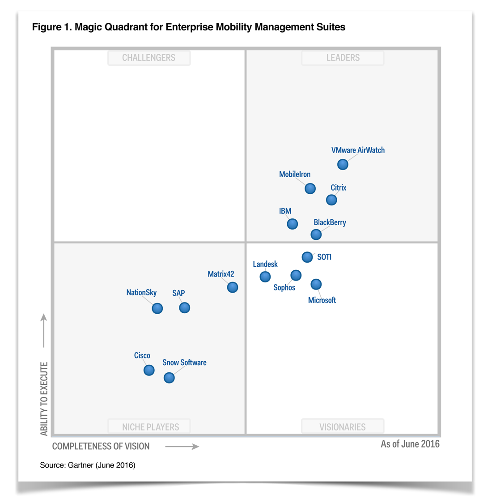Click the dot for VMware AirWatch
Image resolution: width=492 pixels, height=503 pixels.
pos(343,164)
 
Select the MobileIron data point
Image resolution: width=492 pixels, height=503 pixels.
pos(310,188)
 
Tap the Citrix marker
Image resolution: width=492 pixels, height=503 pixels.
pos(331,200)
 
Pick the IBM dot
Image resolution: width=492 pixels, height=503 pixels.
pos(292,223)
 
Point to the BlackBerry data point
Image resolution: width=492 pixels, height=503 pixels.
pos(316,234)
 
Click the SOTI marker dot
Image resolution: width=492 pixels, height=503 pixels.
pos(307,257)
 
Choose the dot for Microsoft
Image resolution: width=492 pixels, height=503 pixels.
pos(316,284)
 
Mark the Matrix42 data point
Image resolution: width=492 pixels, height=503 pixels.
pos(233,287)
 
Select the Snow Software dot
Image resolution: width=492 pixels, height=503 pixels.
pos(169,378)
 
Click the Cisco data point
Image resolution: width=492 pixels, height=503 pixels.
pos(149,370)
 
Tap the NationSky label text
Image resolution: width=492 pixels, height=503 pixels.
pos(141,293)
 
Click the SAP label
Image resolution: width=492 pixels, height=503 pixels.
pos(178,293)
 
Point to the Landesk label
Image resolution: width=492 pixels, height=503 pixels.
pos(265,264)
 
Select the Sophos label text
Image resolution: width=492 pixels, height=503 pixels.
pos(284,287)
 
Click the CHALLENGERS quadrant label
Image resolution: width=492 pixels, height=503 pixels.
pos(149,58)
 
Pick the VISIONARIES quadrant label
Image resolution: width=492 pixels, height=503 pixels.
pos(343,427)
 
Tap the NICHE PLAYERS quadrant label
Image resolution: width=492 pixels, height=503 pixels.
pos(150,427)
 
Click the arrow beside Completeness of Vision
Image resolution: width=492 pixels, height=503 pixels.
pos(182,446)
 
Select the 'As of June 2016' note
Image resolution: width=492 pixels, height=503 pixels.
pos(410,444)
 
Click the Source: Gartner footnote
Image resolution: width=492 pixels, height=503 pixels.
pos(88,465)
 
